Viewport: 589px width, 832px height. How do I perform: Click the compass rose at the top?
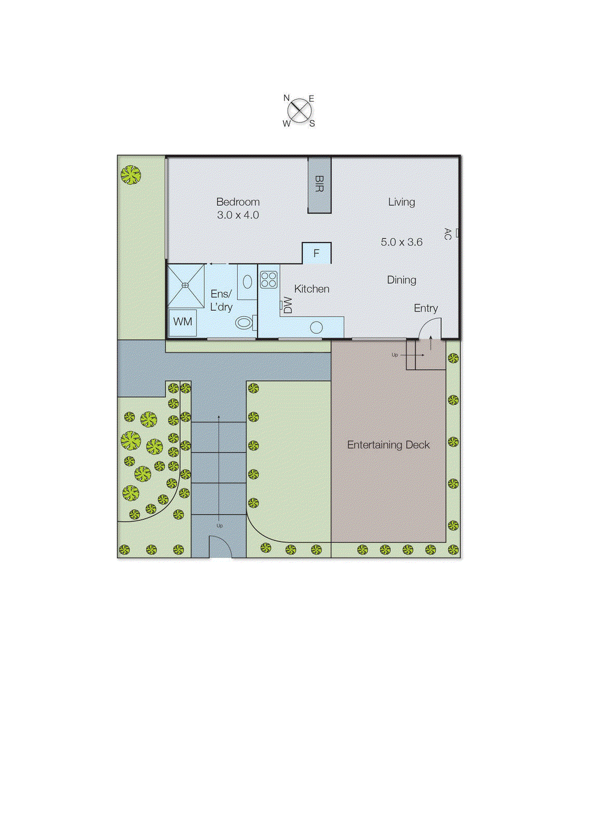(x=300, y=111)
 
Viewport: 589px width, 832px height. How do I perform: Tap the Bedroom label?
(x=238, y=202)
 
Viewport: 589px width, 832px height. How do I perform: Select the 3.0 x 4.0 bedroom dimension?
(x=238, y=215)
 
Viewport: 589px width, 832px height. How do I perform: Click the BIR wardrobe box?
(x=319, y=184)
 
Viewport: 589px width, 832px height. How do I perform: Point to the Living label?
(x=401, y=202)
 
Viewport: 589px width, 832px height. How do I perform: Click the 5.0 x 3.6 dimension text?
(x=401, y=242)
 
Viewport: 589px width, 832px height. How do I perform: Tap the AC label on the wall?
(x=448, y=233)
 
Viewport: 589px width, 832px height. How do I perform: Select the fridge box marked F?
(x=316, y=254)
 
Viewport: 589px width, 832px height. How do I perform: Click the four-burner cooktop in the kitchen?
(x=269, y=279)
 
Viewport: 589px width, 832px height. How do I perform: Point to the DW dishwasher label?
(x=287, y=305)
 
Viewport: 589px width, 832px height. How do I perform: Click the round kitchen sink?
(x=316, y=328)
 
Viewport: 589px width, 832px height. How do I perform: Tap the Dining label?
(x=401, y=280)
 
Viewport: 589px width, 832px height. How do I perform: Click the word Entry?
(x=426, y=308)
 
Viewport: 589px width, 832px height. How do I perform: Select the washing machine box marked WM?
(x=182, y=322)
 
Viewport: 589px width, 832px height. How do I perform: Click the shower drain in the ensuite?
(x=185, y=285)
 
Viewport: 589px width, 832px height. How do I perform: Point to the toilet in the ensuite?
(x=244, y=323)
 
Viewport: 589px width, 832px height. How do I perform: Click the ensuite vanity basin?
(x=247, y=282)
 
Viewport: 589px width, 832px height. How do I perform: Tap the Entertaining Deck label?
(x=388, y=445)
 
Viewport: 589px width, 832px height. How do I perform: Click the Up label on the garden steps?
(x=219, y=526)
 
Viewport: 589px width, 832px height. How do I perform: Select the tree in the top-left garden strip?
(x=130, y=175)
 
